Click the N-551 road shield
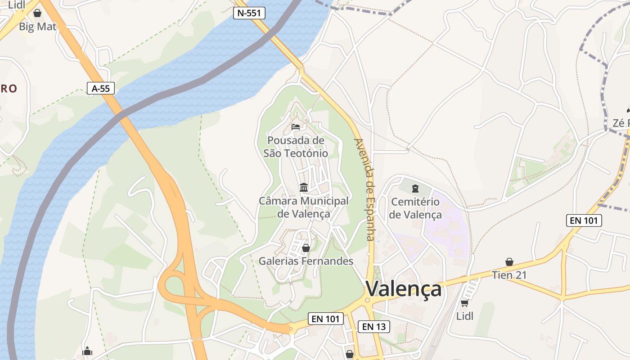point(249,13)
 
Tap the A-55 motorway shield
point(101,89)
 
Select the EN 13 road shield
point(374,327)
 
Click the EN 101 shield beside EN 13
point(325,319)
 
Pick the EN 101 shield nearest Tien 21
point(584,220)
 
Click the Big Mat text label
point(38,27)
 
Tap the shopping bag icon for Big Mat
point(37,13)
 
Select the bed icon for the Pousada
point(296,127)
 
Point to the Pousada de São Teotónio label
point(296,147)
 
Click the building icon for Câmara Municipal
point(304,187)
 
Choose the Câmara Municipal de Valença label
point(304,207)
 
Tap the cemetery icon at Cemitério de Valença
point(415,188)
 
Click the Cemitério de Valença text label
point(415,208)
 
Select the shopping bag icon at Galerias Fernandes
point(306,248)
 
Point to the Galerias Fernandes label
point(306,261)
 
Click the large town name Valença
point(403,289)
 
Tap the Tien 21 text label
point(509,275)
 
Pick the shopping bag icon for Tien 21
point(509,262)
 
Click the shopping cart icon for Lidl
point(464,303)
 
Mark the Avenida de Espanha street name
point(365,189)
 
